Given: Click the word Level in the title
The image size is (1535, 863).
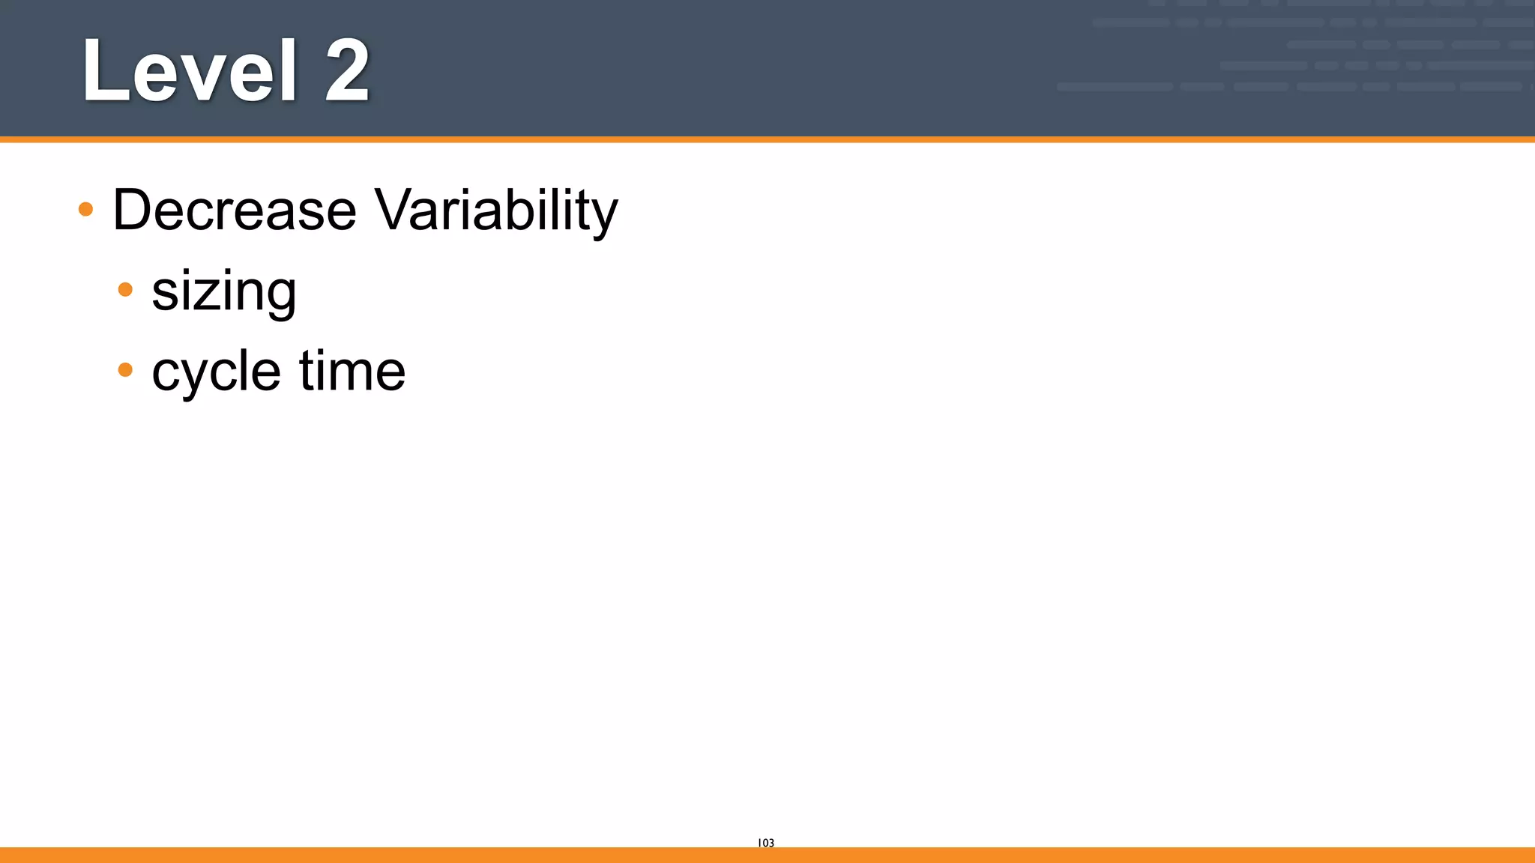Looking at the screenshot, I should click(190, 71).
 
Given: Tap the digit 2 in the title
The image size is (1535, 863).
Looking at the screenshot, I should click(347, 71).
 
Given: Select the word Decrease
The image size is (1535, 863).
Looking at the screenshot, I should click(235, 210).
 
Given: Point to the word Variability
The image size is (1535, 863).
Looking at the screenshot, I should click(496, 210).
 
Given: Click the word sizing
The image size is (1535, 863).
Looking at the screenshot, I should click(224, 292).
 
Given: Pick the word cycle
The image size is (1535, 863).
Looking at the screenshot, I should click(217, 372).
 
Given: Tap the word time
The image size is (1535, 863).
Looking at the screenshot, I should click(352, 371).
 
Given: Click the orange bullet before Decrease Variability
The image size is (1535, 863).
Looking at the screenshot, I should click(86, 209).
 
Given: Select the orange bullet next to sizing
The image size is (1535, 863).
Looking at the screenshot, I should click(126, 289).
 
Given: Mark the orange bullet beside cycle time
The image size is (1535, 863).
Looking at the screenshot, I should click(126, 369).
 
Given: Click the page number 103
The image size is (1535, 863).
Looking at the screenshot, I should click(766, 843).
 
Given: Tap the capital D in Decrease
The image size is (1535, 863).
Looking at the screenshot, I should click(133, 210).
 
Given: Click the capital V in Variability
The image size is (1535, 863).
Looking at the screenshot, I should click(395, 210).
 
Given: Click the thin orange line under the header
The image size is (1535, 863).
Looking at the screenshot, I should click(767, 139).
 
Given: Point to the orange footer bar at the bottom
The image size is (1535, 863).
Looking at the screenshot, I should click(767, 855).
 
